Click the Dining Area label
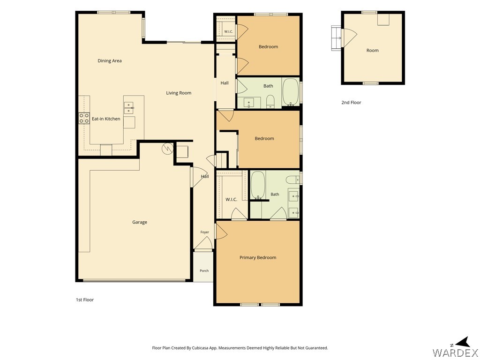click(x=110, y=60)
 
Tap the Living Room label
click(x=179, y=93)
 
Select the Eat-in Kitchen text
click(x=106, y=119)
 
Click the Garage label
click(x=140, y=222)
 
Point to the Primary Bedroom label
click(x=258, y=257)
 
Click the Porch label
click(x=204, y=270)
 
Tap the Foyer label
click(x=205, y=232)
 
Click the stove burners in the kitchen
click(x=84, y=118)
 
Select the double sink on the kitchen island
click(x=129, y=108)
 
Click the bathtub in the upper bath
click(x=291, y=92)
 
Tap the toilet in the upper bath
click(x=270, y=101)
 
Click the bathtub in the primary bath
click(x=258, y=185)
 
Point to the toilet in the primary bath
click(x=292, y=179)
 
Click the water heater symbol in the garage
click(x=167, y=149)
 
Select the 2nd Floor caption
click(x=351, y=103)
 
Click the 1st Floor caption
click(x=85, y=300)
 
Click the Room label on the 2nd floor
click(x=373, y=50)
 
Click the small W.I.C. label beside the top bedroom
click(x=229, y=31)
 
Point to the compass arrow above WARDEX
click(x=464, y=342)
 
